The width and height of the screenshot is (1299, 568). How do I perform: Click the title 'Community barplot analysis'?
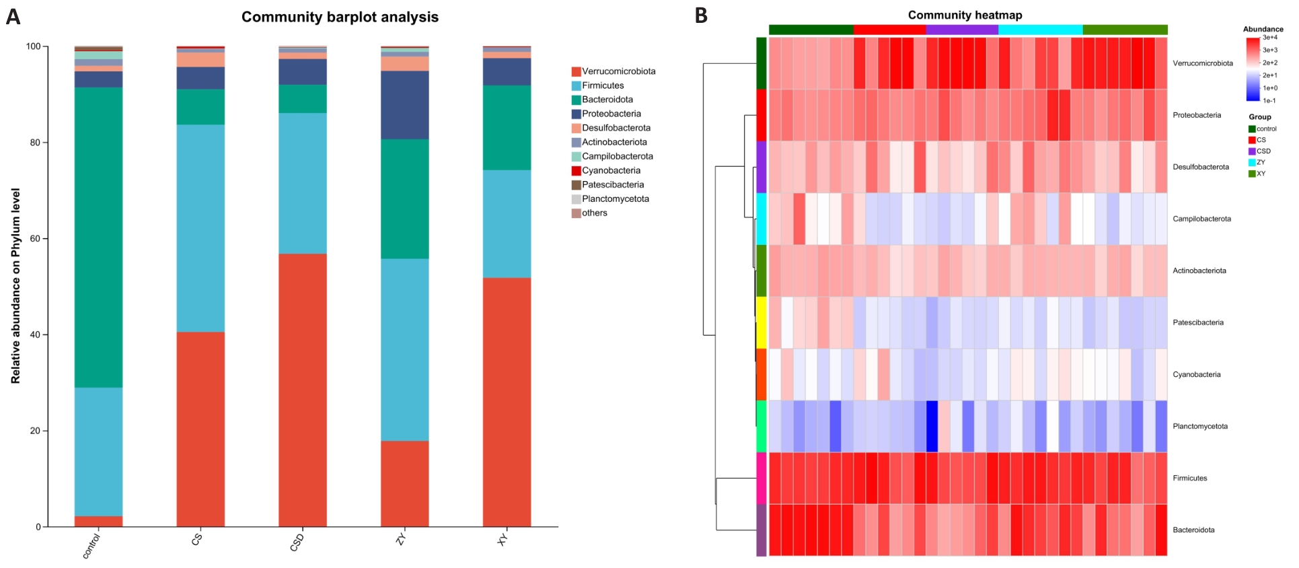(340, 17)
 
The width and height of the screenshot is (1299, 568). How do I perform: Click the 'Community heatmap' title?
(965, 15)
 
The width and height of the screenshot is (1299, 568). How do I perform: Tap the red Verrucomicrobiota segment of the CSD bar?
(302, 390)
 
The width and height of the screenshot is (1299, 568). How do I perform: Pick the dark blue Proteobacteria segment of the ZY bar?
(404, 105)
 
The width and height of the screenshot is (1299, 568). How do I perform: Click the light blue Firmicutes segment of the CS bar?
(200, 228)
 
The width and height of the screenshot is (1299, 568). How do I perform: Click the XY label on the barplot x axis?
(503, 539)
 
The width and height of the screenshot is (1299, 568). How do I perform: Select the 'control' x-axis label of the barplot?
(91, 546)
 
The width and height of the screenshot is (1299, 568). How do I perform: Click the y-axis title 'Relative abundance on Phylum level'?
(15, 286)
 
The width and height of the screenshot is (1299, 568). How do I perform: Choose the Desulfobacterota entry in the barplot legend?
(616, 128)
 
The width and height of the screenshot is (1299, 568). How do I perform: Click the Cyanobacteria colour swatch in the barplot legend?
(577, 171)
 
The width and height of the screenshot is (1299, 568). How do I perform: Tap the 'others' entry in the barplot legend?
(594, 213)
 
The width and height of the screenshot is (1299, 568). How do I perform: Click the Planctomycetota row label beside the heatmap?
(1200, 426)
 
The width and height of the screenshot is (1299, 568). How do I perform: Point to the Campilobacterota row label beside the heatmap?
(1201, 219)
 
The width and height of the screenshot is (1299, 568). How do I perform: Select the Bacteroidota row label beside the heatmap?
(1193, 530)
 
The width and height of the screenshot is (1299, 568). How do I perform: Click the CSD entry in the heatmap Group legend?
(1263, 151)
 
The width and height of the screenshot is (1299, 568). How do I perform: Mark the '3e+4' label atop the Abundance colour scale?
(1270, 38)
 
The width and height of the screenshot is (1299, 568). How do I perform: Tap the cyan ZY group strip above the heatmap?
(1040, 30)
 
